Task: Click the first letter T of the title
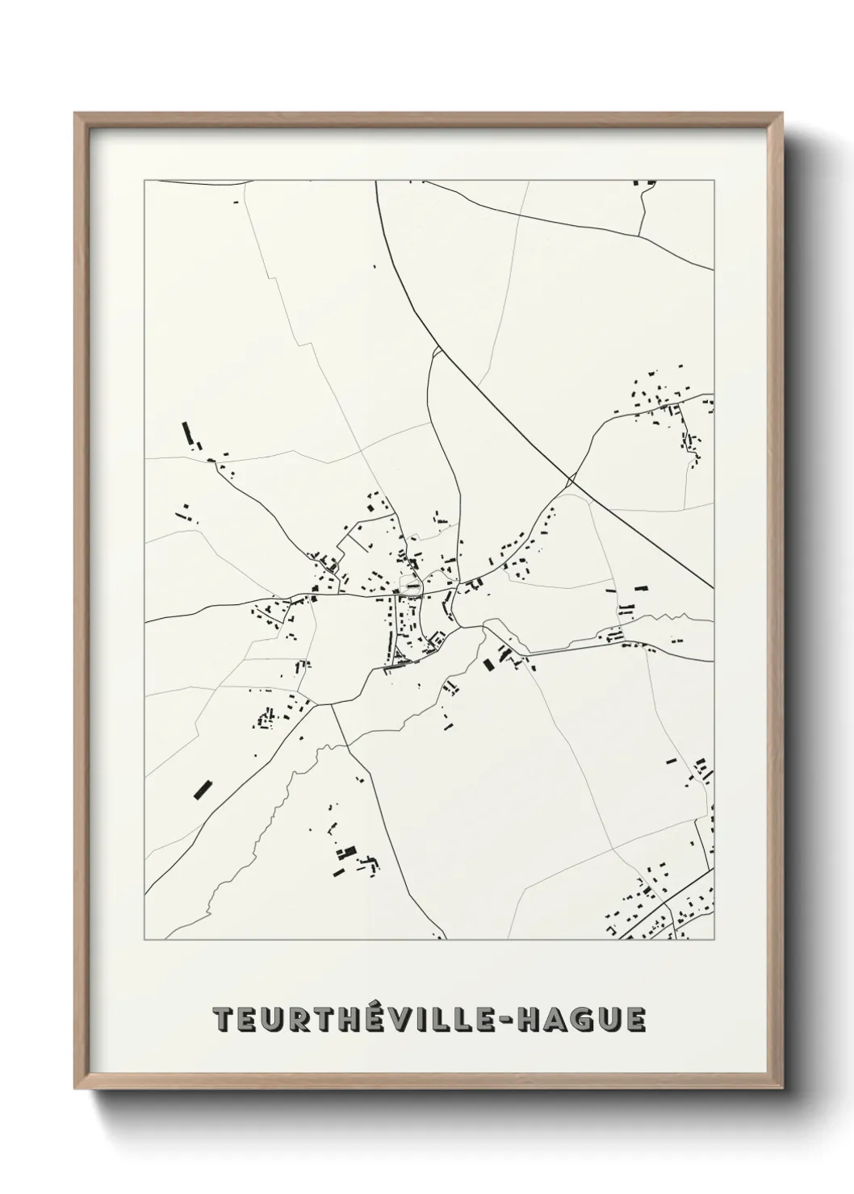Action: click(x=222, y=1019)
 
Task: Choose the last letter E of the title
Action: click(x=634, y=1019)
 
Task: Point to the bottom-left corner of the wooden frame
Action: click(x=75, y=1089)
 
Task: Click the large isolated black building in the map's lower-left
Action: click(x=202, y=787)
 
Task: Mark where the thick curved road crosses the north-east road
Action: click(x=571, y=481)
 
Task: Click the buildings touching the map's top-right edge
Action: click(x=646, y=184)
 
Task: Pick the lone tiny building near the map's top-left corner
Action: click(x=237, y=202)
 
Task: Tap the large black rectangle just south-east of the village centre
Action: click(x=488, y=665)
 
